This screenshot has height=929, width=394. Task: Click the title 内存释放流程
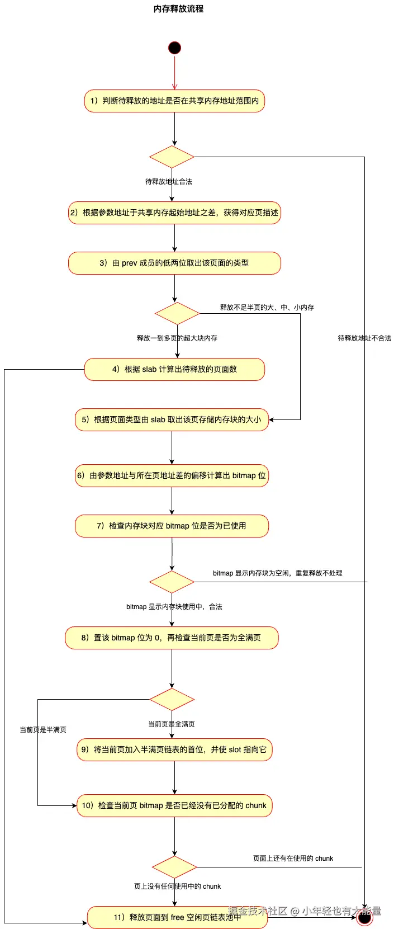click(x=178, y=9)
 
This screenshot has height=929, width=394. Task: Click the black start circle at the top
click(x=174, y=48)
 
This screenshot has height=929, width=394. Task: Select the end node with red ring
click(x=364, y=917)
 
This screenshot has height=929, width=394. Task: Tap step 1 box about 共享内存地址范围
click(x=174, y=101)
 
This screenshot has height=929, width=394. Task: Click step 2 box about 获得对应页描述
click(x=174, y=213)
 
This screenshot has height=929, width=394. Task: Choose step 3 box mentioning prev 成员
click(x=174, y=263)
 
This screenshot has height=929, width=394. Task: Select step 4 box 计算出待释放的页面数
click(x=174, y=370)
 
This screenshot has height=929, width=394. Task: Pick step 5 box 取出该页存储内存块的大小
click(x=172, y=420)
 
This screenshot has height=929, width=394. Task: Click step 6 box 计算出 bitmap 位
click(x=172, y=476)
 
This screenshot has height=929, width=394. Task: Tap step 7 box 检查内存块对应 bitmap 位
click(x=172, y=526)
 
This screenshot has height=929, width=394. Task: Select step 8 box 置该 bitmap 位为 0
click(x=172, y=638)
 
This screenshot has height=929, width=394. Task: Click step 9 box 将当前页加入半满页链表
click(x=174, y=750)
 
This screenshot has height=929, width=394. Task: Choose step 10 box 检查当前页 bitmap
click(x=174, y=806)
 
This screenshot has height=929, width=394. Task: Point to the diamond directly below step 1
click(x=172, y=157)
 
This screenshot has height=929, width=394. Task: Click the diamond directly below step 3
click(x=177, y=314)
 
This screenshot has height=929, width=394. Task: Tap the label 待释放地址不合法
click(x=364, y=338)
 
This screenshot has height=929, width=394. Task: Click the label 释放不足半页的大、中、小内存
click(x=267, y=308)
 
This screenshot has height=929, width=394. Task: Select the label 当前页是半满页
click(x=43, y=730)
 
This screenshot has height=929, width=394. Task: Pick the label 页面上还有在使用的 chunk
click(x=293, y=859)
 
